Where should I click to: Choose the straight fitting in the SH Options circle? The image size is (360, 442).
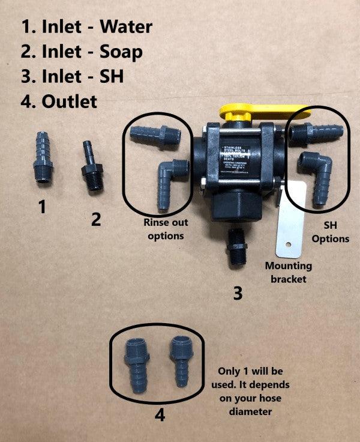[316, 131]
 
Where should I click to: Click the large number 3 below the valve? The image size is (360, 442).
[238, 293]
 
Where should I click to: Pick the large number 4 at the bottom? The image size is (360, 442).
[160, 414]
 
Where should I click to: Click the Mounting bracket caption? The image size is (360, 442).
[289, 271]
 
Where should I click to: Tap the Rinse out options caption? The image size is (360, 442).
[166, 229]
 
